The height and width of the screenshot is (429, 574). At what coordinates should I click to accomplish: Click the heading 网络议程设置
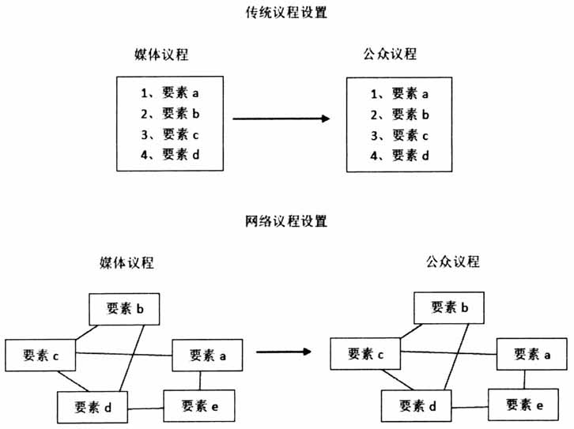(287, 221)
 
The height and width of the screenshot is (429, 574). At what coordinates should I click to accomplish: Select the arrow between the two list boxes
(281, 119)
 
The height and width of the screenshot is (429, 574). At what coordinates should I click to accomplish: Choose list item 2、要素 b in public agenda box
(400, 114)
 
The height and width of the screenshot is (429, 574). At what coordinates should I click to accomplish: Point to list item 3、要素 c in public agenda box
(400, 134)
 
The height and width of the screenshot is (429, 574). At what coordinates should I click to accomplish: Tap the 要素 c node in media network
(41, 356)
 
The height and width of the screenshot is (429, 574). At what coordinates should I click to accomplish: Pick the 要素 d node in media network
(93, 408)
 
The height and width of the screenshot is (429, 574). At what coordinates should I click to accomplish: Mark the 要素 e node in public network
(523, 405)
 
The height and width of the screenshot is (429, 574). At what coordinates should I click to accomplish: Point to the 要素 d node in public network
(418, 405)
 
